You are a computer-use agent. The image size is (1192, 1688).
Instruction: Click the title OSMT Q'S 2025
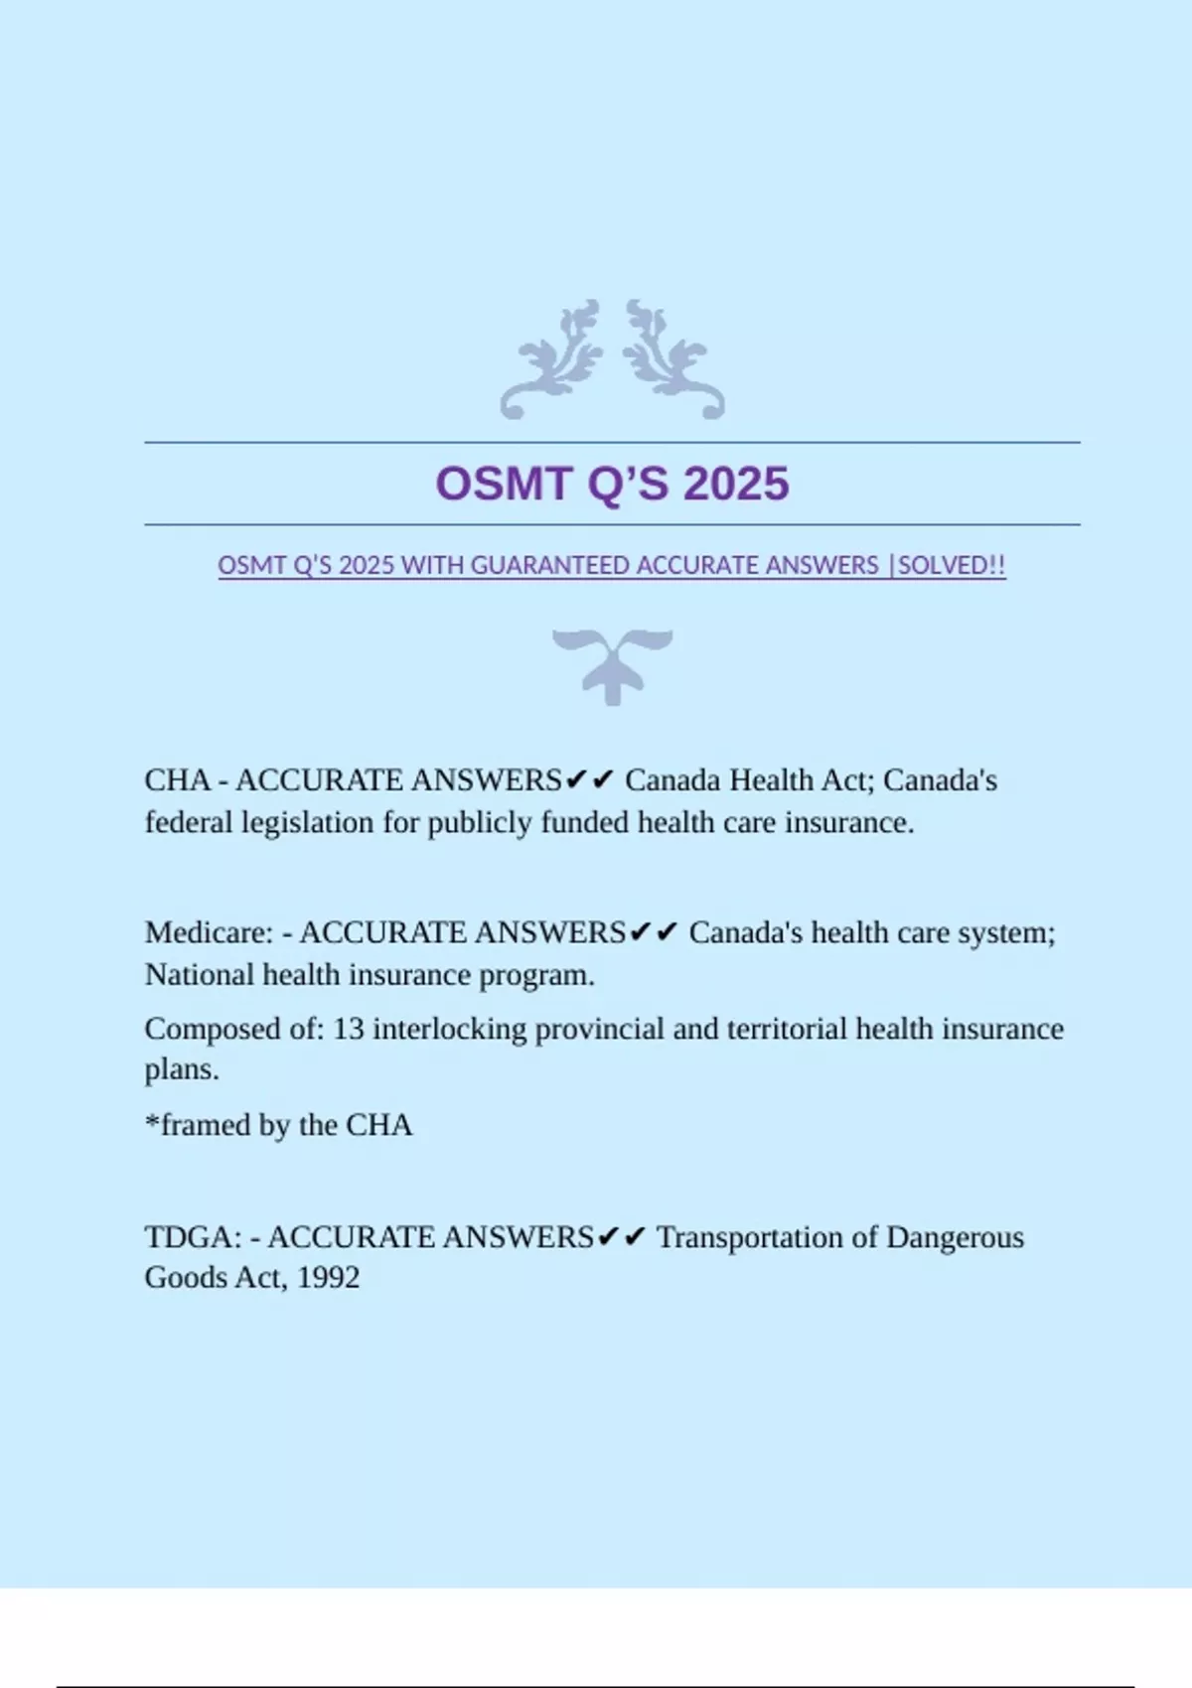612,485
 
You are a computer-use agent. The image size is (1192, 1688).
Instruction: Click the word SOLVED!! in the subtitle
952,566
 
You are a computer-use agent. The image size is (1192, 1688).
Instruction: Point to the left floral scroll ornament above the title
552,359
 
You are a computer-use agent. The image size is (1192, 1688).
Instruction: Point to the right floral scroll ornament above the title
673,359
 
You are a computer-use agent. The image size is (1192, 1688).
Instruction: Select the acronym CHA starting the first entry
178,780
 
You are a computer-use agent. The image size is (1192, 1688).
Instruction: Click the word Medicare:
209,933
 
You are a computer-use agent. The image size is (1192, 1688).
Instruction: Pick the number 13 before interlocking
348,1029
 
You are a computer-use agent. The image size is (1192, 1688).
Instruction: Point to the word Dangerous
955,1237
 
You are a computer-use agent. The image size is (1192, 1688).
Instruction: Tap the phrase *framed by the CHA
278,1125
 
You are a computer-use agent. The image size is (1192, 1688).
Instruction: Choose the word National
199,975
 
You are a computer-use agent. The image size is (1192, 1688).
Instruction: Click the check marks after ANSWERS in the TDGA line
622,1237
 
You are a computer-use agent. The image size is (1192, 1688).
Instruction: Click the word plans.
181,1070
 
